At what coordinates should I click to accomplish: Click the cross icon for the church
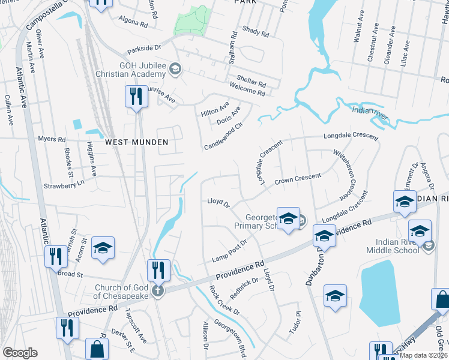tap(158, 291)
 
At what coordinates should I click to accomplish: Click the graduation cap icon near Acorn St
tap(103, 248)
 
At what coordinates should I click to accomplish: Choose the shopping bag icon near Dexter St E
tap(97, 349)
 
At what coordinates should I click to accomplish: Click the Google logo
tap(20, 353)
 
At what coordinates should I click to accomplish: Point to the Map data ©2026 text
tap(423, 355)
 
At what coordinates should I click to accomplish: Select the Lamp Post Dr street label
tap(229, 251)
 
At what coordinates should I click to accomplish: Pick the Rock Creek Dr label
tap(224, 300)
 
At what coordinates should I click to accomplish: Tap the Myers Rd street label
tap(52, 139)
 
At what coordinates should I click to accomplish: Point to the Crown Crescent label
tap(298, 179)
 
